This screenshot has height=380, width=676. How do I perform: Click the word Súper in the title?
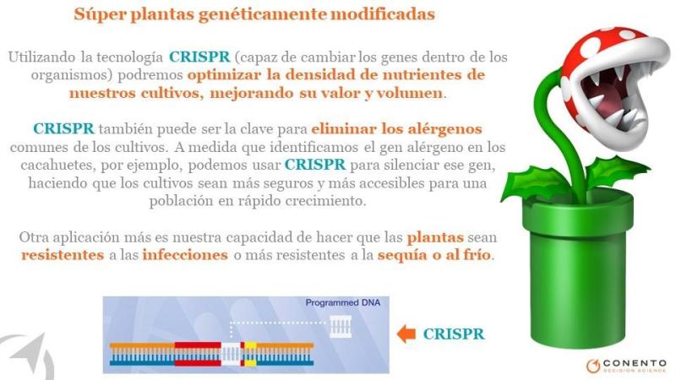(100, 14)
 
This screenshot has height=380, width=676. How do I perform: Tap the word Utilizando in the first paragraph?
(41, 57)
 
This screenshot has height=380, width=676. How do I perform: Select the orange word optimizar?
(224, 75)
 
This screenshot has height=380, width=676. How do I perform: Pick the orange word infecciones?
(185, 255)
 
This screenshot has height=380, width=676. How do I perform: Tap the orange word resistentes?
(63, 255)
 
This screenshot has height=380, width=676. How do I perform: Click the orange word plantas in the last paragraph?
(435, 238)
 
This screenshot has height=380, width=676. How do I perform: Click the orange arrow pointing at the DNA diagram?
(406, 334)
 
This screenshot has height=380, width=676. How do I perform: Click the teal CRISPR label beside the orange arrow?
(454, 334)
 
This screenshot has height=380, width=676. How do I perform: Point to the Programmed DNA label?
(343, 303)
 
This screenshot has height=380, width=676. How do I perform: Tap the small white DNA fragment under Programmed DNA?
(341, 326)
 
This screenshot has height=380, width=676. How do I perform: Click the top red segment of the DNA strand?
(198, 345)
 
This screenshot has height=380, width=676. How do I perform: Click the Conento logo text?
(635, 363)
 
